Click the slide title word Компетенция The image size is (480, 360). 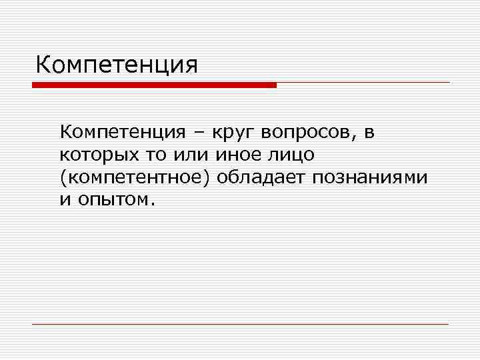point(117,65)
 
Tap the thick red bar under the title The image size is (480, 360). point(154,85)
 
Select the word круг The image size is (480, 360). point(235,133)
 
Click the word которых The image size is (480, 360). point(93,155)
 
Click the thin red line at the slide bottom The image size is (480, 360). point(240,324)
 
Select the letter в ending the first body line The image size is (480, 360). point(370,133)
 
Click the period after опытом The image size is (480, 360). point(153,203)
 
